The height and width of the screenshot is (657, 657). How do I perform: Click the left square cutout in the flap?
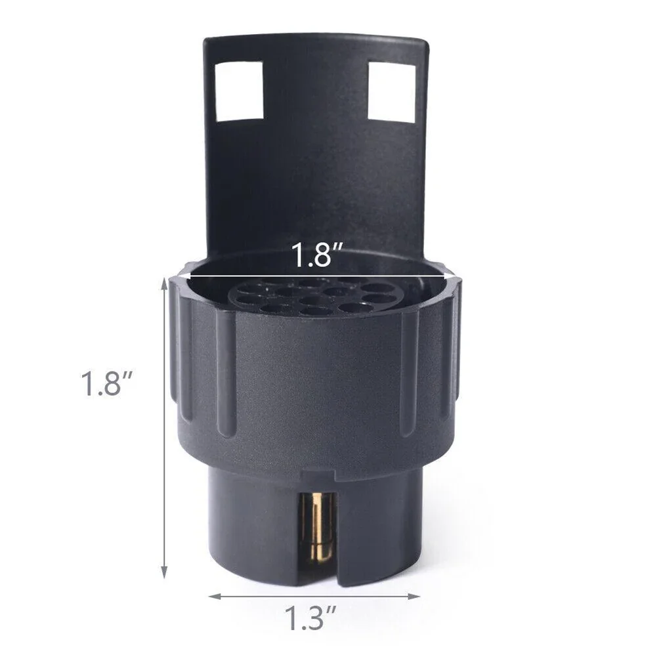[x=239, y=91]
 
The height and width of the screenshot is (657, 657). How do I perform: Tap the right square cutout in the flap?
[x=392, y=92]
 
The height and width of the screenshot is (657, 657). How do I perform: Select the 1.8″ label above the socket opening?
[x=314, y=255]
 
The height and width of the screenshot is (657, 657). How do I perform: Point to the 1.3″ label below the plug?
[x=313, y=618]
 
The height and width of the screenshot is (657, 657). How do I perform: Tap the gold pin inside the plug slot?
[x=319, y=532]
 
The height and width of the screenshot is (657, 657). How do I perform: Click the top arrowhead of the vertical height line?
[x=165, y=282]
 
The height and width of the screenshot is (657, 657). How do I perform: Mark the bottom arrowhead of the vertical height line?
[x=165, y=572]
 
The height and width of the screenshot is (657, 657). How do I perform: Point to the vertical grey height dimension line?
[x=165, y=427]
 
